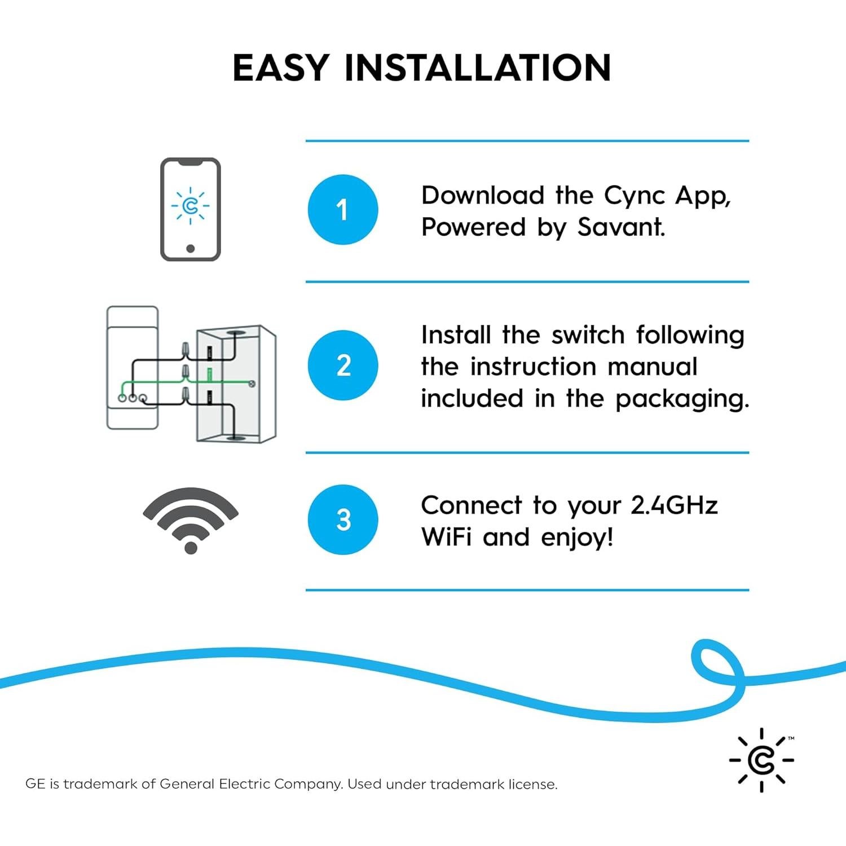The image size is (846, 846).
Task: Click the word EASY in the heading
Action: coord(280,68)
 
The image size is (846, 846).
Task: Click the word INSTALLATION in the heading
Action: coord(477,68)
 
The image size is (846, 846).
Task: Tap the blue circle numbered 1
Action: coord(342,210)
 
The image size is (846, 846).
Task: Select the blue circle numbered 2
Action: coord(342,365)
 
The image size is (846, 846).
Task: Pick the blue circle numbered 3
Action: coord(342,519)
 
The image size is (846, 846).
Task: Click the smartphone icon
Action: coord(190,209)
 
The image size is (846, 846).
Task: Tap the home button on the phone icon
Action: coord(190,249)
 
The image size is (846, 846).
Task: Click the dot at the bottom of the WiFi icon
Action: coord(191,547)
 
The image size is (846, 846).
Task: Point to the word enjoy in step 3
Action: coord(575,537)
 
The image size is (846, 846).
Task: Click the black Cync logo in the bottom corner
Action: coord(761,760)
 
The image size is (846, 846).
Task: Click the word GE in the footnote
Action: coord(35,784)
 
